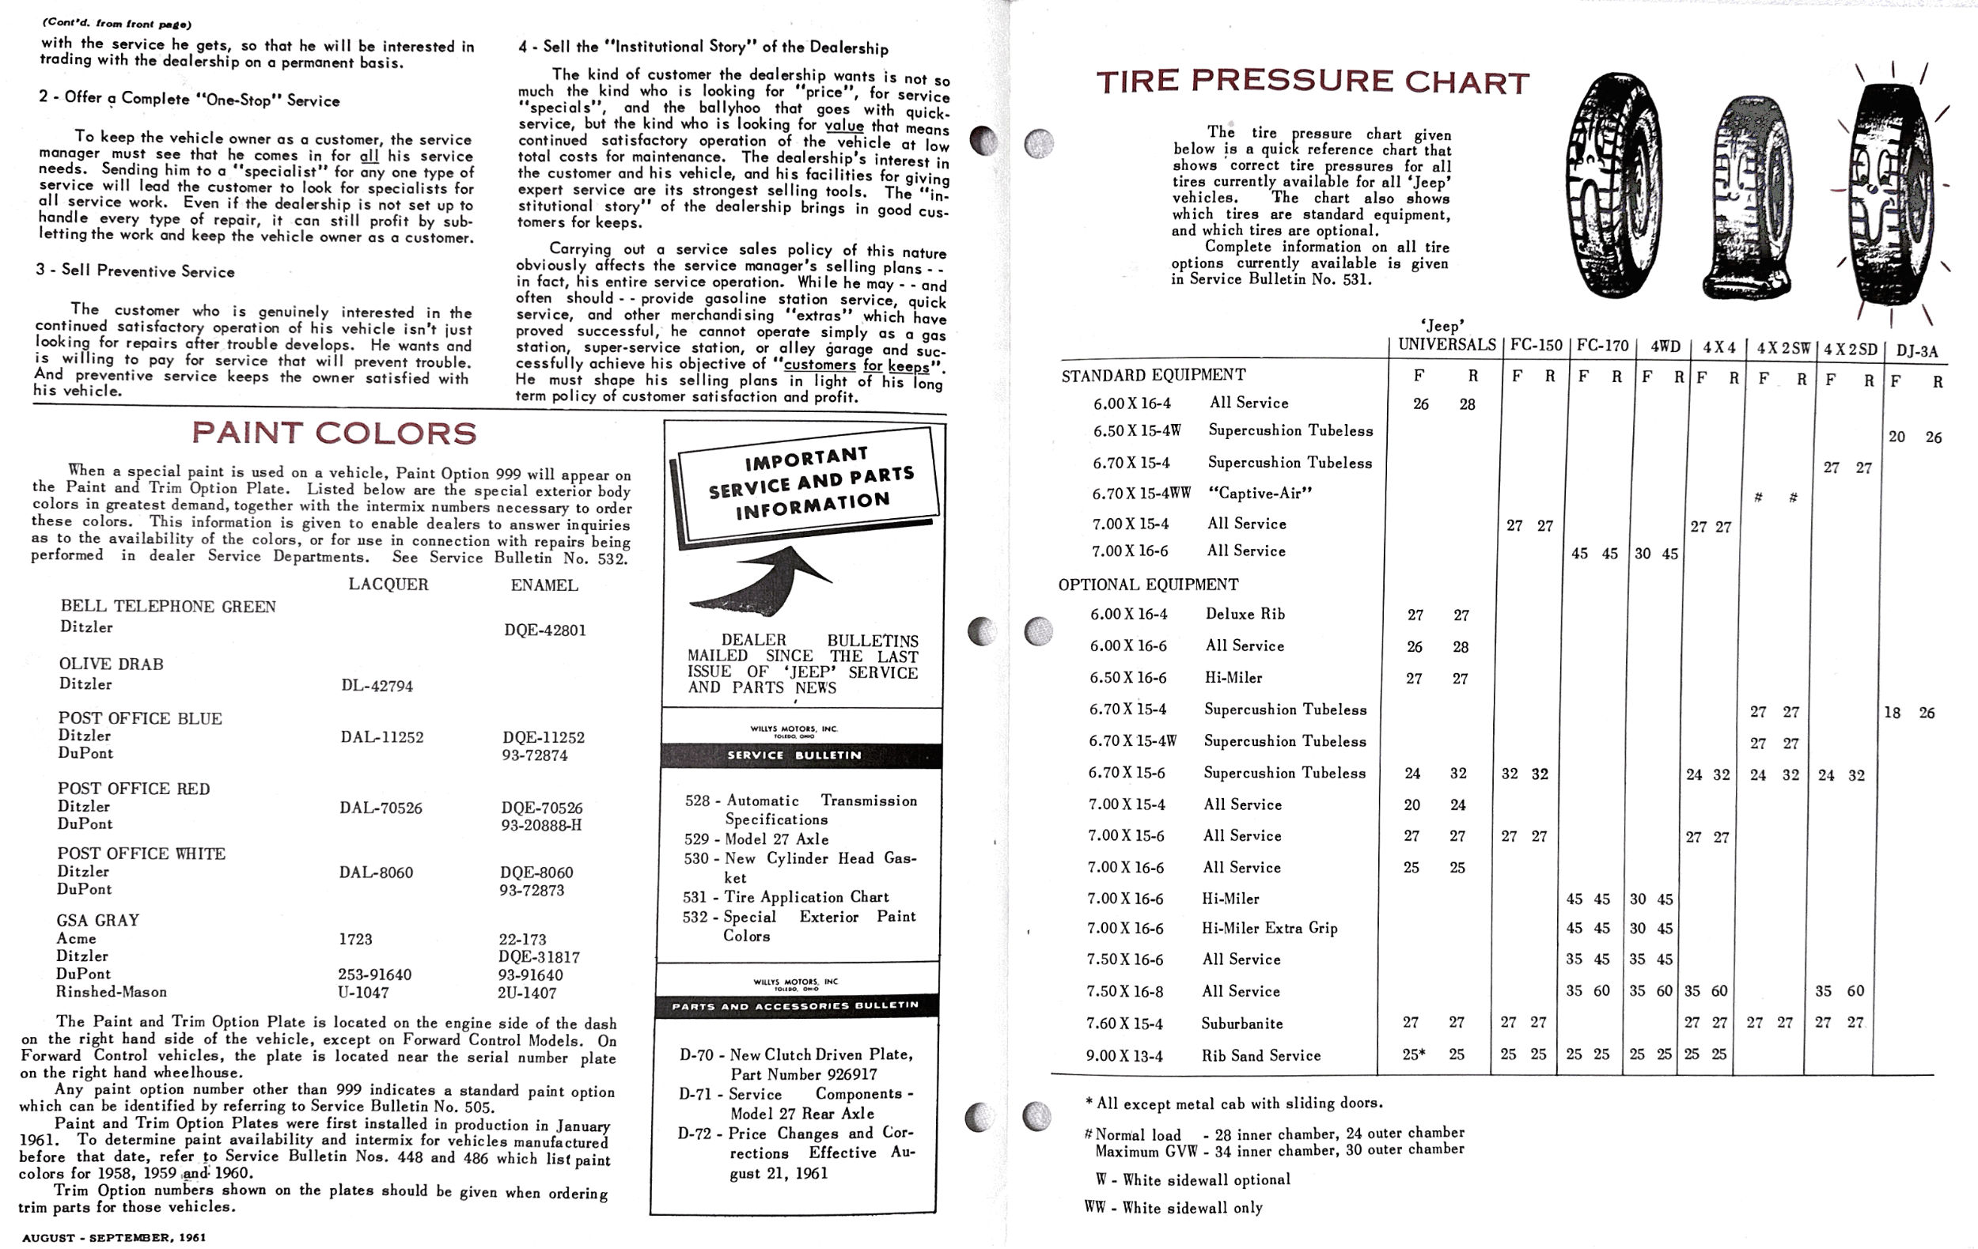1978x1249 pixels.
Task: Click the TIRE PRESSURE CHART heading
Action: click(1312, 81)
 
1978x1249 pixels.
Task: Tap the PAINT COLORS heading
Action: click(334, 433)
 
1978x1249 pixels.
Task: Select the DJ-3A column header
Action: click(1916, 351)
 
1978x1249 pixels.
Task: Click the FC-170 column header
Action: click(1602, 346)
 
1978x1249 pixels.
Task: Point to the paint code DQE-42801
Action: click(544, 630)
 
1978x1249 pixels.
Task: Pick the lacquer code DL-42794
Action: click(377, 687)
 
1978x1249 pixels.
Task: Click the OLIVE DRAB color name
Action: click(111, 664)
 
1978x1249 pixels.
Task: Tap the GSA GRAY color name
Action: click(98, 920)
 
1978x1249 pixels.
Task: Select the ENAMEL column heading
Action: click(544, 585)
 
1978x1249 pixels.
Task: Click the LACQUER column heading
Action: click(388, 584)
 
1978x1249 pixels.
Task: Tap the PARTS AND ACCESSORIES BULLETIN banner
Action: click(795, 1006)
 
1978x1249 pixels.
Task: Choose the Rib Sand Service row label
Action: click(1260, 1055)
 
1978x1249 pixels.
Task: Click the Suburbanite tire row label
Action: click(1241, 1024)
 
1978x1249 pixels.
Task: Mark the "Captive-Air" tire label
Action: click(1260, 493)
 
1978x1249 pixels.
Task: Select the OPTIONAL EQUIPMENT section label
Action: click(1147, 585)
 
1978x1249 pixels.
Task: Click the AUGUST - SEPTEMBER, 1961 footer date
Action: click(114, 1236)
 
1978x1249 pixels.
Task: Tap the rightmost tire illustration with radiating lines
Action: click(1889, 193)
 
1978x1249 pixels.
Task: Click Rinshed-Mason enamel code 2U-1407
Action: click(526, 993)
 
